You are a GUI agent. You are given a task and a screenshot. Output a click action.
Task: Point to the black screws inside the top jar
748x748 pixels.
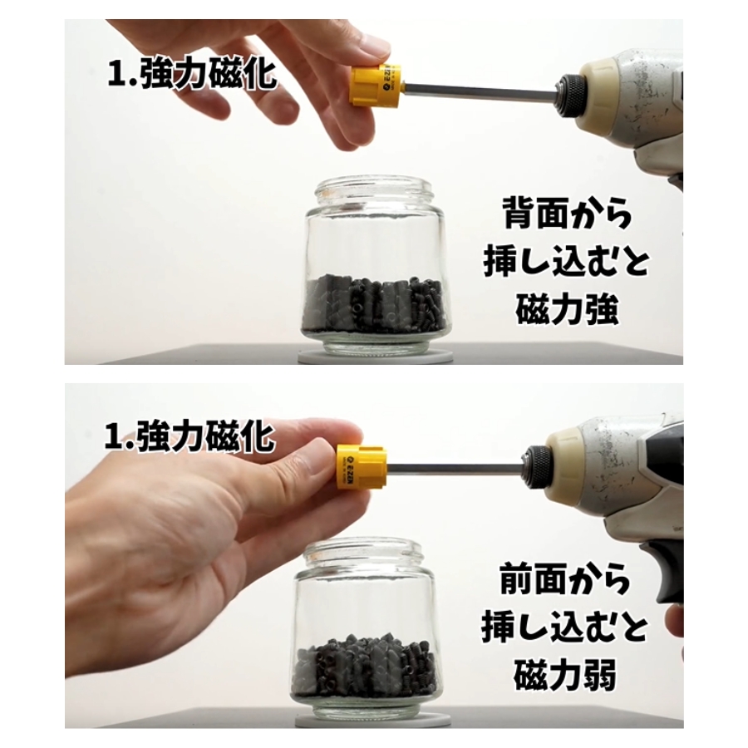click(x=376, y=303)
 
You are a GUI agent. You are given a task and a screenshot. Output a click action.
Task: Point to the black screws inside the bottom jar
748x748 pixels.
click(x=367, y=660)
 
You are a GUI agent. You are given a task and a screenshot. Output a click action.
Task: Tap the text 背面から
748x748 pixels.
click(x=567, y=215)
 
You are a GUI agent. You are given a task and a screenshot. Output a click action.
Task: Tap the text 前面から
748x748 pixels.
click(x=565, y=578)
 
